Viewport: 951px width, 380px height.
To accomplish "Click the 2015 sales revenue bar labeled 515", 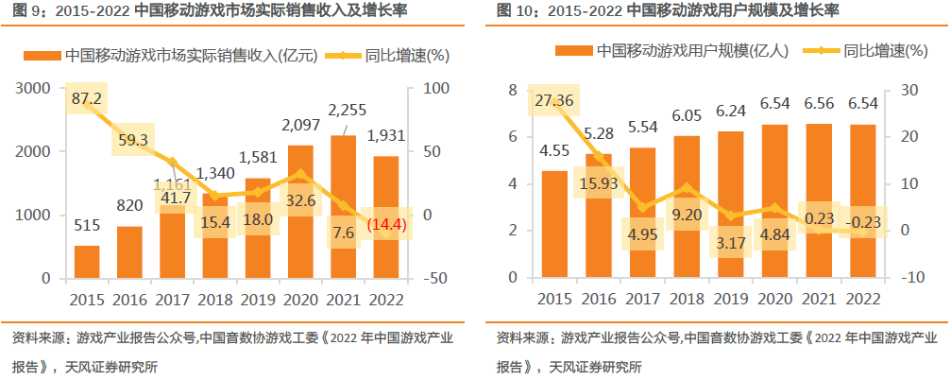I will pos(87,262).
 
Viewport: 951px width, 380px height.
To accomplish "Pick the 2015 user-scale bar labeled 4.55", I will pos(554,224).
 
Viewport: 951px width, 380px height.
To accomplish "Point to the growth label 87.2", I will pos(86,98).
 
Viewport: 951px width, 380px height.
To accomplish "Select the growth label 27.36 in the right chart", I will pos(554,100).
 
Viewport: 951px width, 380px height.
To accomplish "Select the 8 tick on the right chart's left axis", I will pos(513,90).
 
